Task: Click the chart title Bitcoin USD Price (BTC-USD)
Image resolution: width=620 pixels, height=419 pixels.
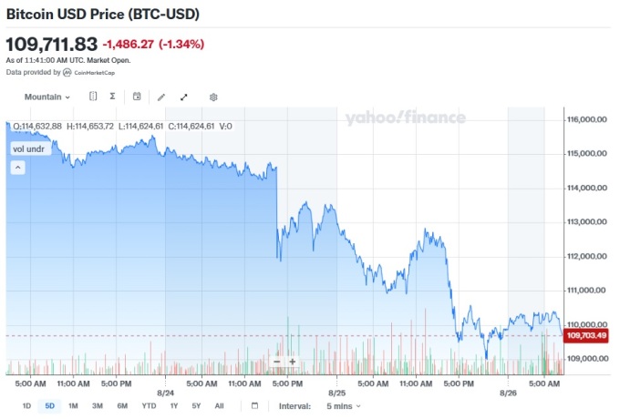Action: pyautogui.click(x=103, y=15)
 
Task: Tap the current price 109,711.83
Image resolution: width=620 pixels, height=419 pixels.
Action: pyautogui.click(x=52, y=44)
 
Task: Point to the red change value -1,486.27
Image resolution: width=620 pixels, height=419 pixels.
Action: pyautogui.click(x=128, y=44)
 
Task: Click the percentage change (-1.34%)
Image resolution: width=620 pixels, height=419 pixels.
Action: pyautogui.click(x=181, y=44)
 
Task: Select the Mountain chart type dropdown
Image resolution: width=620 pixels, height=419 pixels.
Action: pyautogui.click(x=47, y=97)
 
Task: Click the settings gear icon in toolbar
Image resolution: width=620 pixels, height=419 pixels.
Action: pyautogui.click(x=213, y=97)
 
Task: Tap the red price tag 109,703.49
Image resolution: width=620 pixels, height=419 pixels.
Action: pyautogui.click(x=586, y=336)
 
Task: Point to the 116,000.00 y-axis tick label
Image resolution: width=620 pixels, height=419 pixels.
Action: pyautogui.click(x=586, y=119)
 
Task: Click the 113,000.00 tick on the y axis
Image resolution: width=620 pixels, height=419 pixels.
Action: pyautogui.click(x=586, y=221)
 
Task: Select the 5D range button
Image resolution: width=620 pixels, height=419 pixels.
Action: pyautogui.click(x=49, y=405)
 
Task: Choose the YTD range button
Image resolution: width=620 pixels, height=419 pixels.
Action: pyautogui.click(x=149, y=405)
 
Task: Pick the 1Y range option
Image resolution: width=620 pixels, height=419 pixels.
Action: pyautogui.click(x=173, y=405)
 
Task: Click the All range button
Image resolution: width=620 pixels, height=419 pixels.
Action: pyautogui.click(x=219, y=405)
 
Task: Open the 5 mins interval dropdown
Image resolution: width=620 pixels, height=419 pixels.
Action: pyautogui.click(x=344, y=405)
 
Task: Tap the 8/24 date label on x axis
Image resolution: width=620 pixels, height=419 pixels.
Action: pyautogui.click(x=165, y=393)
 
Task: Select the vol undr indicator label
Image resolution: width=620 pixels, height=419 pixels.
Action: pyautogui.click(x=29, y=148)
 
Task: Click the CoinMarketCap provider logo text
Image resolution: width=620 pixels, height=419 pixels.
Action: pyautogui.click(x=94, y=72)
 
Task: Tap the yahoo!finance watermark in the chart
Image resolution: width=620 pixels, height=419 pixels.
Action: pyautogui.click(x=405, y=118)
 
